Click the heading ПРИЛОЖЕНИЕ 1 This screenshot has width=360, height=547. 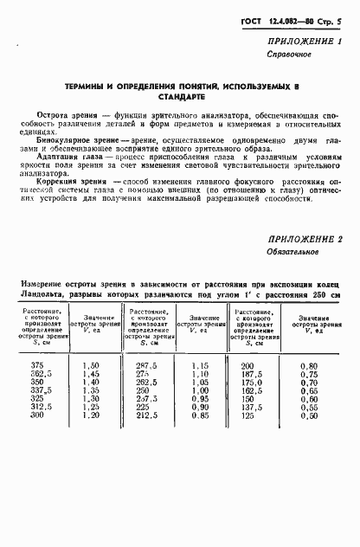pyautogui.click(x=307, y=41)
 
